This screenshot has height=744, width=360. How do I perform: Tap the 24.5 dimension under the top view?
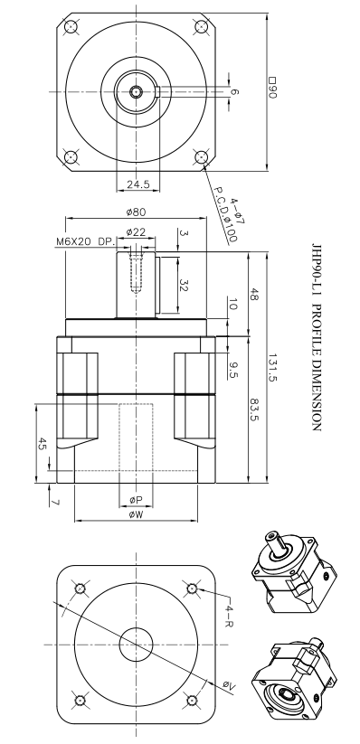(137, 184)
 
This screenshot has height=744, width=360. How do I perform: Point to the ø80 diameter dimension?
(137, 212)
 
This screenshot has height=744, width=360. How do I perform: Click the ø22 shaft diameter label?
(136, 232)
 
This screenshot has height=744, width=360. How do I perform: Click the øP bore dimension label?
(136, 500)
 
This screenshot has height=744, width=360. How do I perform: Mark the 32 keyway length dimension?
(184, 285)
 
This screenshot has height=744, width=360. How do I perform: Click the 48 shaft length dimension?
(254, 294)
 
